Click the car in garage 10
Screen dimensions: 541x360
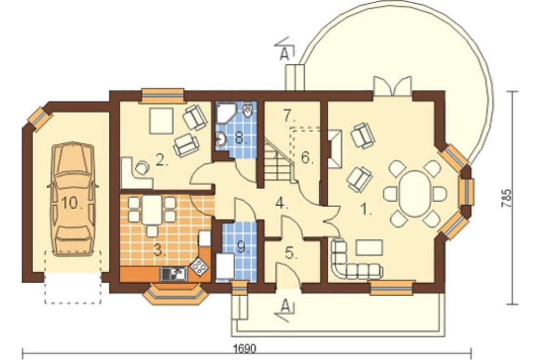pyautogui.click(x=73, y=199)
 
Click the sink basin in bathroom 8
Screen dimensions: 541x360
pyautogui.click(x=221, y=139)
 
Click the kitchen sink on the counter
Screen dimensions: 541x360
pyautogui.click(x=174, y=274)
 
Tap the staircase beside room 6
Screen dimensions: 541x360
pyautogui.click(x=279, y=161)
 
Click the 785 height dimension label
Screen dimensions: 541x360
pyautogui.click(x=507, y=198)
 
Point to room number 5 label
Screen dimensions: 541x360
pyautogui.click(x=291, y=253)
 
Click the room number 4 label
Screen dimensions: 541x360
pyautogui.click(x=281, y=204)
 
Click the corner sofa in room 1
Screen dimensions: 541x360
pyautogui.click(x=354, y=261)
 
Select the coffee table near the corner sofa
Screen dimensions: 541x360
pyautogui.click(x=369, y=247)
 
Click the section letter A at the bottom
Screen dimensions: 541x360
pyautogui.click(x=285, y=305)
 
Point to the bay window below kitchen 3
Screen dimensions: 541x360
pyautogui.click(x=176, y=294)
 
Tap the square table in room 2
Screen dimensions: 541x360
pyautogui.click(x=161, y=121)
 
